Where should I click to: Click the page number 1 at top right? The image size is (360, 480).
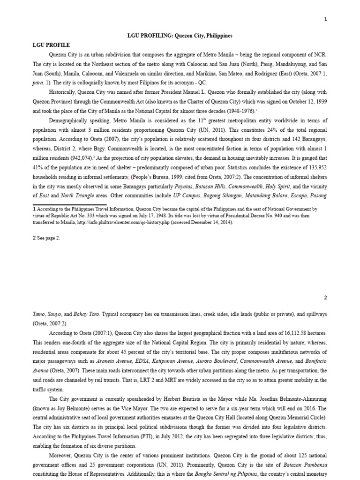(325, 19)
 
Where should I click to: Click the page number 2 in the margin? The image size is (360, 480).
(325, 297)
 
